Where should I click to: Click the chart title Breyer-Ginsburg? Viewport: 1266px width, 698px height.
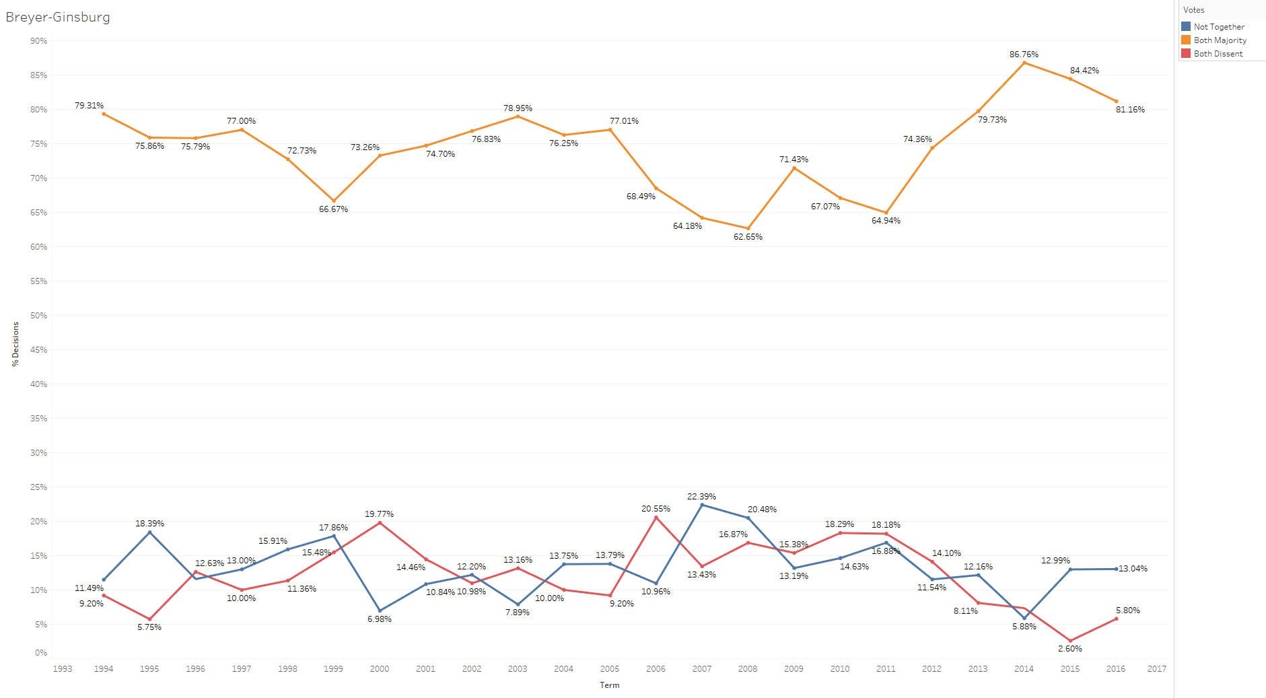tap(58, 17)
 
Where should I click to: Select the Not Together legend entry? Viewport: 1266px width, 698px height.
tap(1218, 27)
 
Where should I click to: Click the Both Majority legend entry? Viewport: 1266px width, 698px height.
tap(1220, 40)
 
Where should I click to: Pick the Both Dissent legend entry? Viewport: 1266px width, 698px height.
tap(1218, 54)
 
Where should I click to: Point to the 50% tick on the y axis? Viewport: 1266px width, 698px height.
tap(38, 316)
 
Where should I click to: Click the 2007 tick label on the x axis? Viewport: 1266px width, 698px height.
tap(701, 668)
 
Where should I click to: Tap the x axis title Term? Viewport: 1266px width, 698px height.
tap(609, 685)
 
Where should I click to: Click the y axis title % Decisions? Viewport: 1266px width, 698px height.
tap(15, 344)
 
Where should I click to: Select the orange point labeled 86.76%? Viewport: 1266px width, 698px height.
tap(1024, 63)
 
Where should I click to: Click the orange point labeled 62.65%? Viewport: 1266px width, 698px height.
tap(748, 228)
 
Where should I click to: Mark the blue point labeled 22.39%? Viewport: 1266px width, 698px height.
tap(702, 505)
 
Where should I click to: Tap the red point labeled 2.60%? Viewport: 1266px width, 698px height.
tap(1070, 641)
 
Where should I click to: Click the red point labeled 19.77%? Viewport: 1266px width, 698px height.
tap(380, 522)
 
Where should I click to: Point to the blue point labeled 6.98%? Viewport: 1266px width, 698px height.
tap(380, 610)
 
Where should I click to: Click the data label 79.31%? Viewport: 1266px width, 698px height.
tap(89, 106)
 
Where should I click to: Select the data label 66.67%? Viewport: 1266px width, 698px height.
tap(333, 209)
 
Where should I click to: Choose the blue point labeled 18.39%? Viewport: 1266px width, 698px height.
tap(149, 532)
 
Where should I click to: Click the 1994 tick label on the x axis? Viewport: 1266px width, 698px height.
tap(104, 668)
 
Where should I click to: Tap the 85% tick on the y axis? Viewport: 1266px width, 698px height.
tap(38, 75)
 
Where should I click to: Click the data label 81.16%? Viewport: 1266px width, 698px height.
tap(1130, 110)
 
